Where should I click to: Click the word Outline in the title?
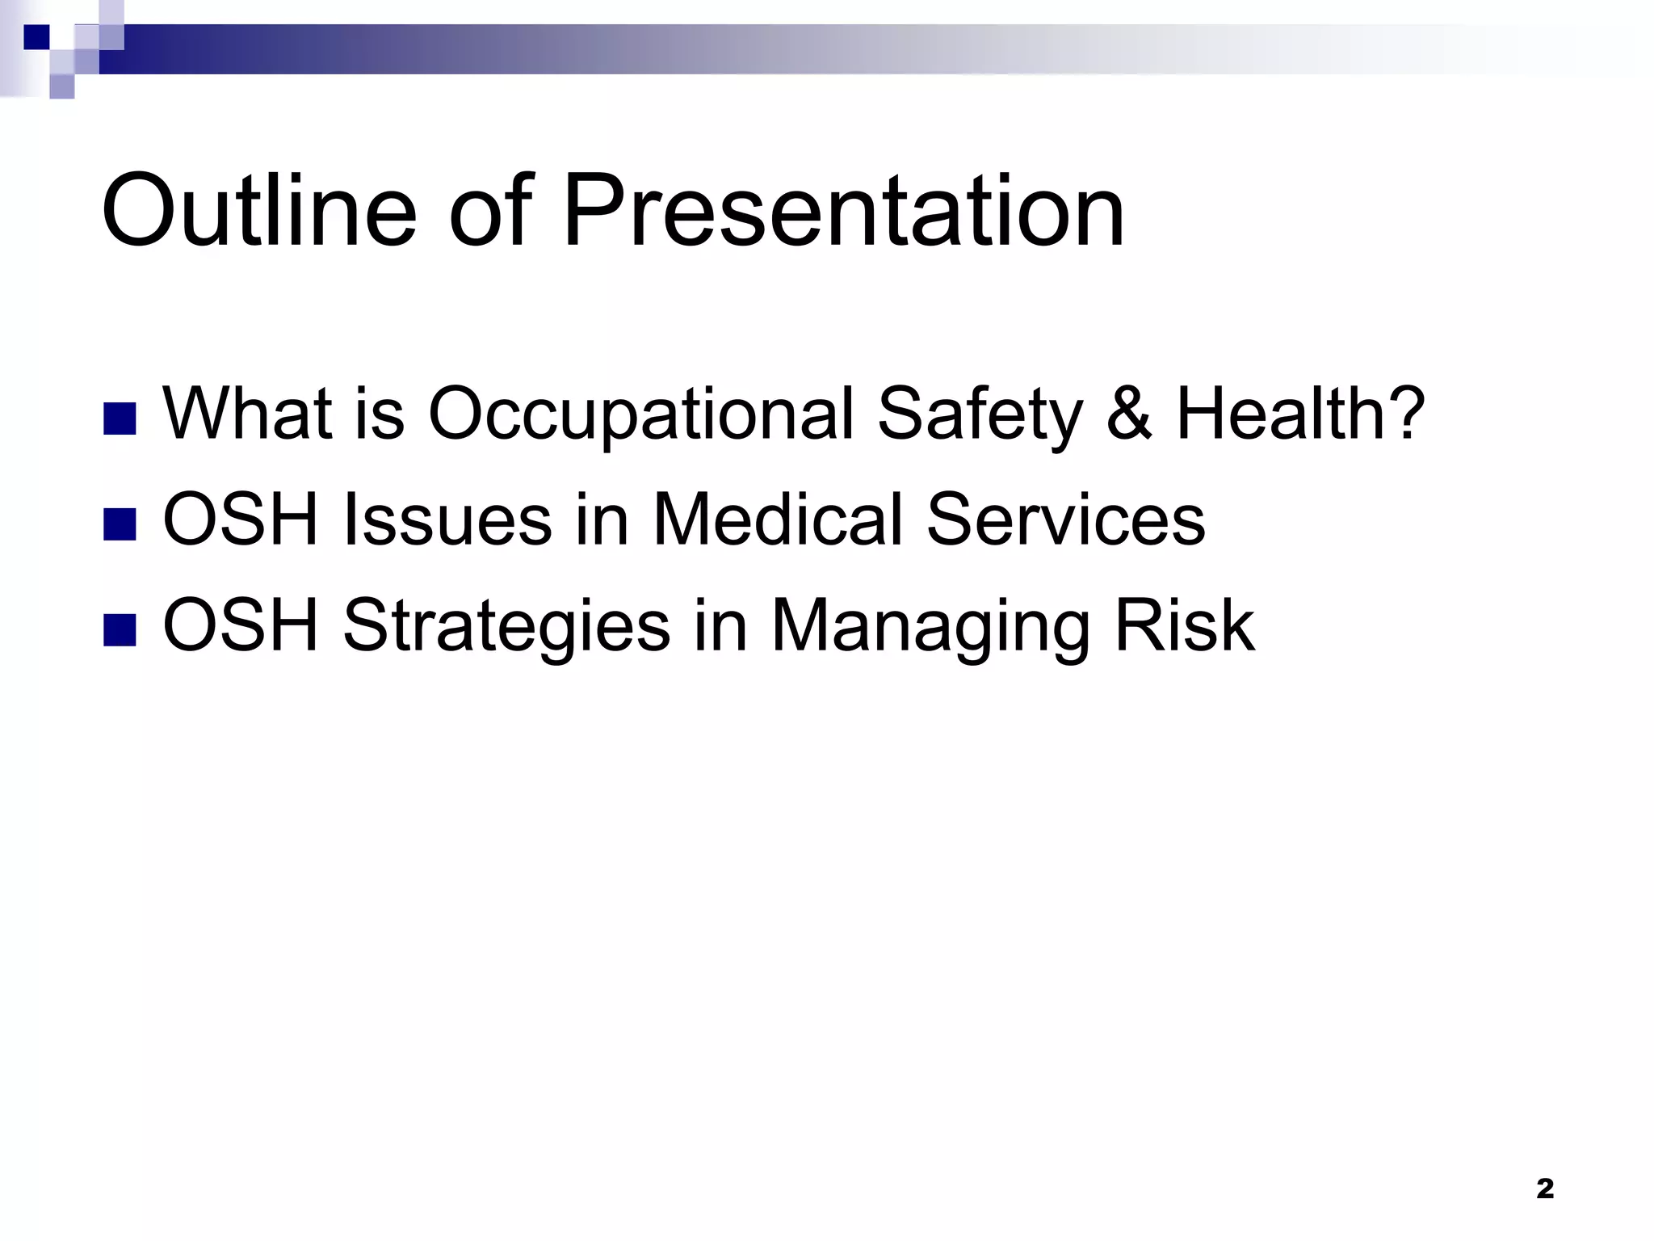point(259,212)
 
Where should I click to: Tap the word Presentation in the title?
point(843,212)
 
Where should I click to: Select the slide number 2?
point(1544,1188)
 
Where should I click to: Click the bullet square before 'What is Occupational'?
point(120,419)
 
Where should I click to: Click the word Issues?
point(447,520)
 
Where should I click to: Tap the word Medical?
point(778,520)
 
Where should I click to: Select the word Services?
point(1065,520)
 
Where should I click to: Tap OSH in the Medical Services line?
point(241,520)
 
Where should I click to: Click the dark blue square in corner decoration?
point(36,37)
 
